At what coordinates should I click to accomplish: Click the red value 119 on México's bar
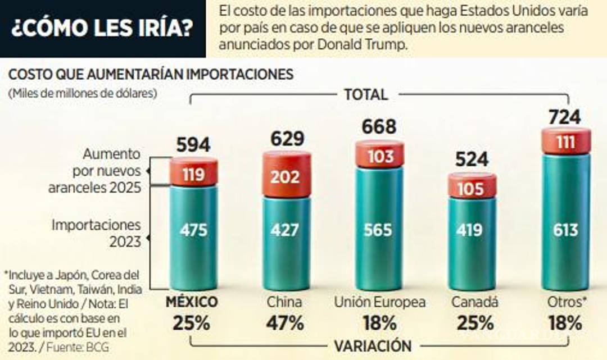[193, 174]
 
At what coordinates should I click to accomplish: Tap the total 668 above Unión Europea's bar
[379, 126]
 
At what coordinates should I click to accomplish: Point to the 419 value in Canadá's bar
[473, 230]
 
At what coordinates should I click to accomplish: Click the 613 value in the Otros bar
[566, 230]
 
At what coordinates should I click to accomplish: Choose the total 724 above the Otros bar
[565, 117]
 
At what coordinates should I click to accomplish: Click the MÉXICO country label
[191, 302]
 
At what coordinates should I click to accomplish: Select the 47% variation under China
[286, 323]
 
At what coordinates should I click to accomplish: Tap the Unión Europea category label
[380, 302]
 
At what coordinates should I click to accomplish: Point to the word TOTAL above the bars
[366, 94]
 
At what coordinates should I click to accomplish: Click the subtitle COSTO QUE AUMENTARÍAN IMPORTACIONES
[150, 75]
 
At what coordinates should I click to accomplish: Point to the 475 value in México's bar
[193, 230]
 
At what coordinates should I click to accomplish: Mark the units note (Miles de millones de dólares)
[83, 93]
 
